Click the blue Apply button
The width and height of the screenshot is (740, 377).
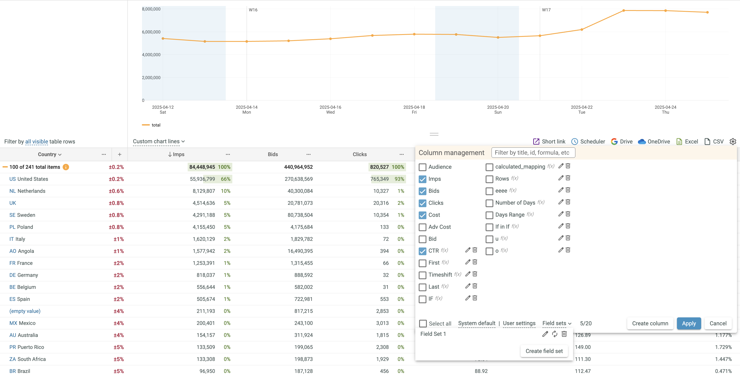coord(689,323)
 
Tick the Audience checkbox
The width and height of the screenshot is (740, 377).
coord(422,167)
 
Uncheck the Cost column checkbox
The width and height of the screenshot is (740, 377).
coord(422,215)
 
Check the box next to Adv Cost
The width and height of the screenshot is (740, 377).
coord(422,227)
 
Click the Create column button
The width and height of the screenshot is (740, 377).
coord(650,323)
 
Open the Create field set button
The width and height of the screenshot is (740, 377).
coord(544,351)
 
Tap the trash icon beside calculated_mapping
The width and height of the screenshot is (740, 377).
coord(568,166)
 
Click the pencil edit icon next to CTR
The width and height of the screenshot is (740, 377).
coord(468,250)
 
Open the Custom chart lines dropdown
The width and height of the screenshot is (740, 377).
coord(159,141)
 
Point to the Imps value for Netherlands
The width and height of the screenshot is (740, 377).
coord(204,191)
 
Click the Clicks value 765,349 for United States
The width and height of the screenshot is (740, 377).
coord(379,179)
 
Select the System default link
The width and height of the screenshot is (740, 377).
coord(477,323)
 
